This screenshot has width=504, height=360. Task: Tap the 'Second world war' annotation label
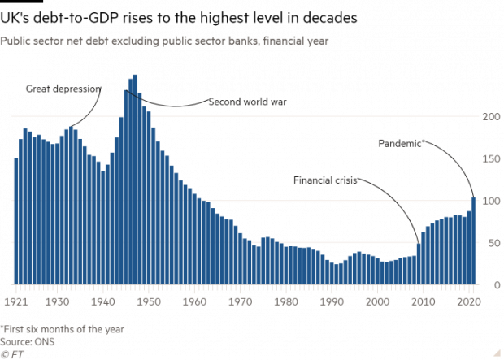248,102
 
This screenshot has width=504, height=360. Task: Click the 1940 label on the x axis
103,301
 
